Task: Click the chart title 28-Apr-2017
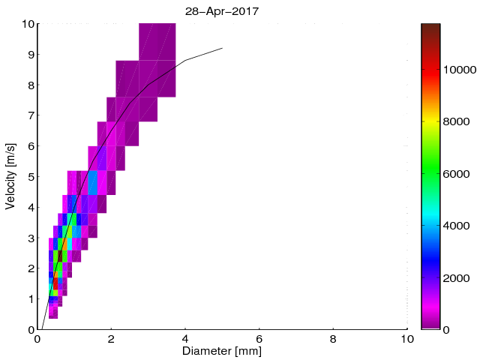click(222, 10)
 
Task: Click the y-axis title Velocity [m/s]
click(10, 176)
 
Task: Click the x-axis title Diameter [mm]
click(222, 351)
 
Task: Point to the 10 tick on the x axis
click(407, 338)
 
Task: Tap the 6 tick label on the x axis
click(259, 338)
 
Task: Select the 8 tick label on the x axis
click(334, 338)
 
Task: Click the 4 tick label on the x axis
click(185, 338)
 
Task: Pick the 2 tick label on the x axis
click(111, 338)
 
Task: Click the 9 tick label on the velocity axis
click(30, 55)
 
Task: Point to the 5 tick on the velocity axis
click(30, 177)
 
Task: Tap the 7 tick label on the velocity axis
click(30, 115)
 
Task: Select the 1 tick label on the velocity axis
click(30, 299)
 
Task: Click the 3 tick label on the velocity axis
click(30, 238)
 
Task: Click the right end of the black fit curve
click(223, 48)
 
